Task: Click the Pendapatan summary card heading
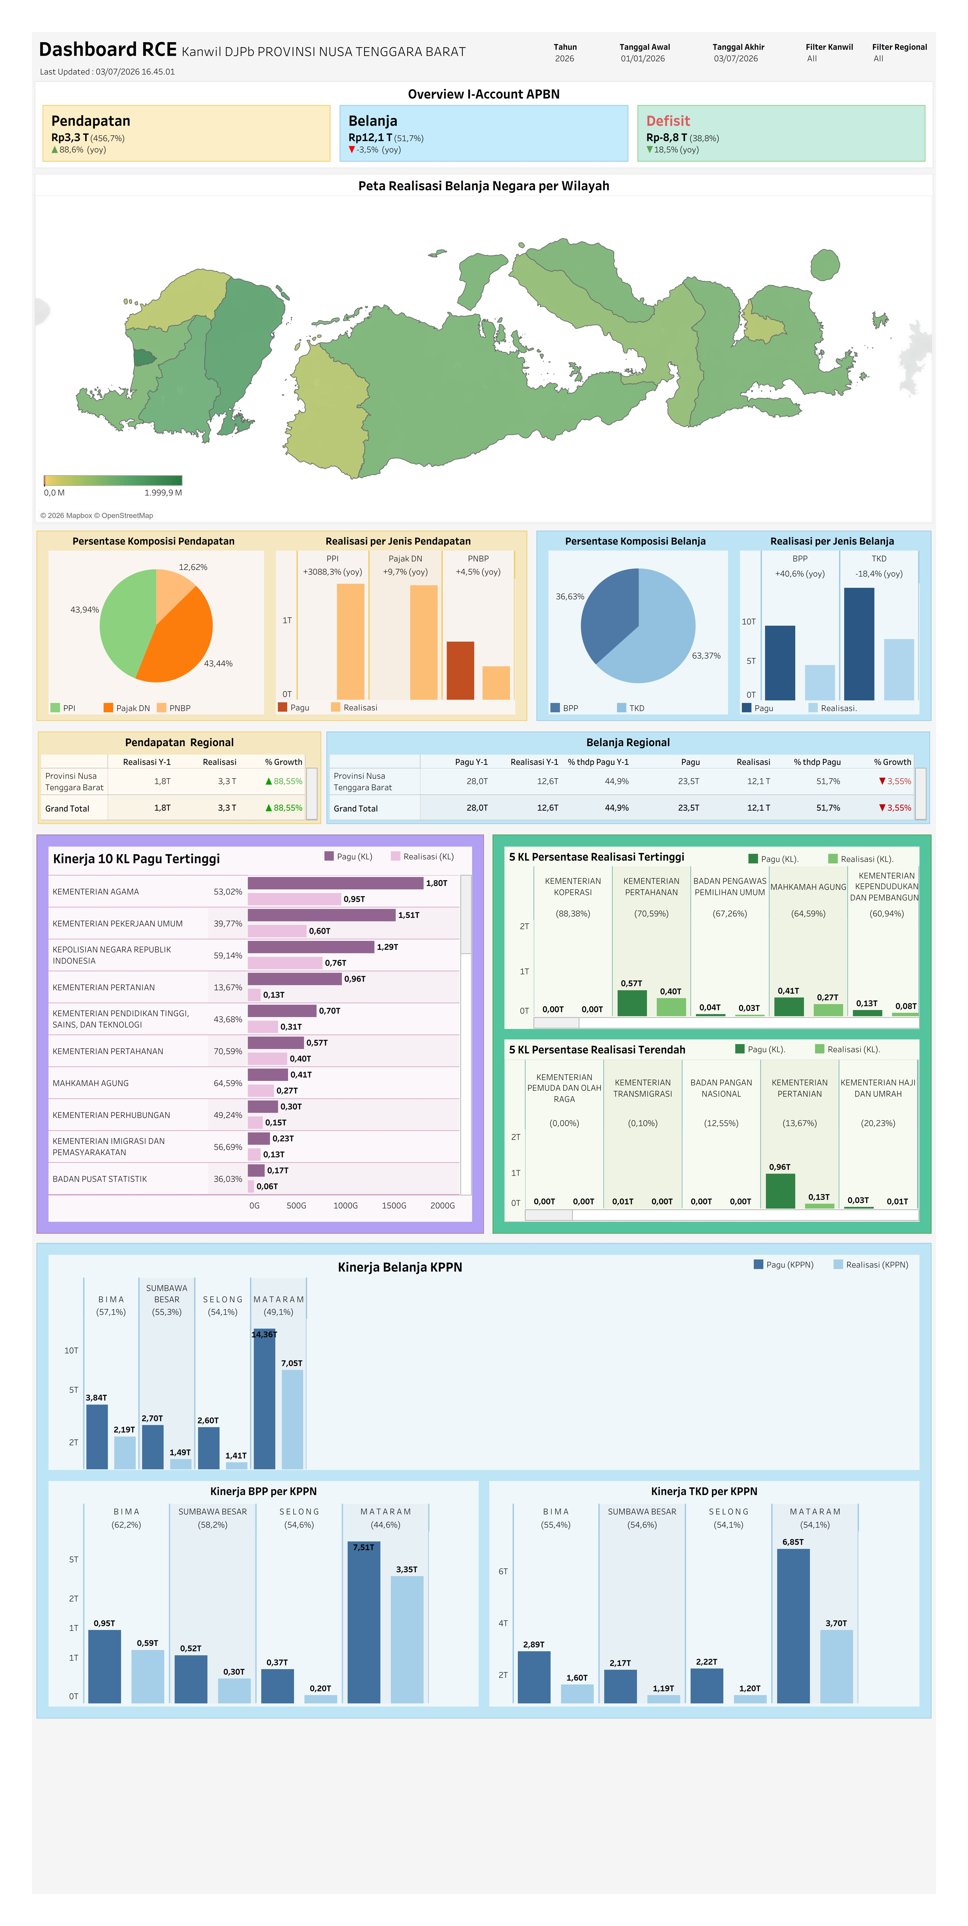(90, 121)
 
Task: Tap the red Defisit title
(668, 121)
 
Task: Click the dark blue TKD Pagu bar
(859, 644)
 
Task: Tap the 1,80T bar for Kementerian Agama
(336, 883)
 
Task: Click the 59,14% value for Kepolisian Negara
(228, 956)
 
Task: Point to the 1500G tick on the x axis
(394, 1205)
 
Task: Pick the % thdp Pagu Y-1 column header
(598, 762)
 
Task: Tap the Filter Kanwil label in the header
(829, 47)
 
